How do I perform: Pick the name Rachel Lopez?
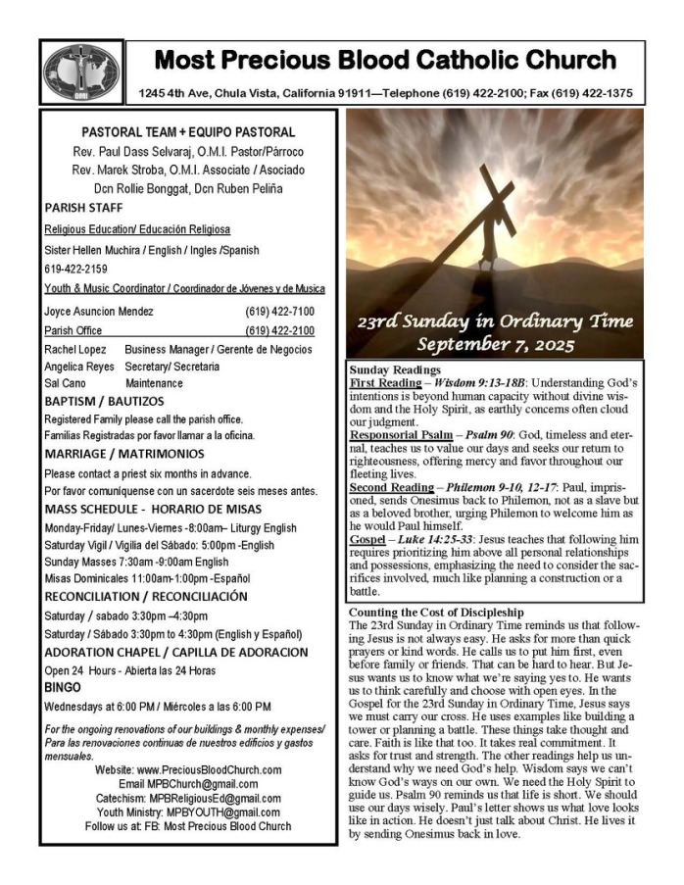[75, 349]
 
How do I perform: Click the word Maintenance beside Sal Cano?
[154, 383]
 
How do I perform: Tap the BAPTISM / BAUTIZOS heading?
[104, 401]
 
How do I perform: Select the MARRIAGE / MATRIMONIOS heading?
[123, 454]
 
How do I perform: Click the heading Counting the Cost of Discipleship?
[435, 612]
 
